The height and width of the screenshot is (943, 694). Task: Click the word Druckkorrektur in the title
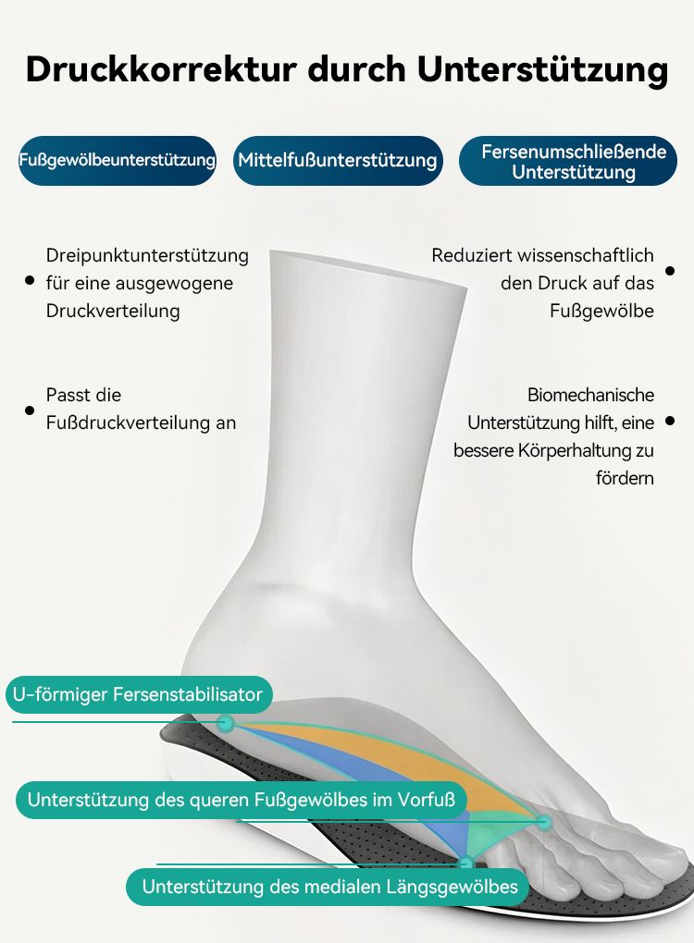(x=162, y=69)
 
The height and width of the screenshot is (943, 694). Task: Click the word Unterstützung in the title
(x=542, y=70)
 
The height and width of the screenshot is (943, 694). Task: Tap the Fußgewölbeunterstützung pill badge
(x=118, y=161)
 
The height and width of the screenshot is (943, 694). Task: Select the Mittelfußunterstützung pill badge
(x=338, y=161)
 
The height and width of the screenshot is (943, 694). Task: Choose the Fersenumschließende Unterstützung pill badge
(x=567, y=161)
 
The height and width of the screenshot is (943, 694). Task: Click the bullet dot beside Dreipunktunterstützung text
(x=30, y=280)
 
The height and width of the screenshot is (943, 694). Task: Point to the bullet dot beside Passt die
(x=30, y=410)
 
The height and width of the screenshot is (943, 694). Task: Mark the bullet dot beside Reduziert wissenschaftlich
(x=670, y=271)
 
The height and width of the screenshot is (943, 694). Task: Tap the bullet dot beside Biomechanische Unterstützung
(x=670, y=421)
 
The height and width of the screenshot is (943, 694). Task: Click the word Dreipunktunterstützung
(x=147, y=255)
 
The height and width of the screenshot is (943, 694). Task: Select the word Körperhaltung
(x=576, y=450)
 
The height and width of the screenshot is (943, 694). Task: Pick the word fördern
(x=625, y=478)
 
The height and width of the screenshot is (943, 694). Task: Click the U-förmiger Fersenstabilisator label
(x=139, y=694)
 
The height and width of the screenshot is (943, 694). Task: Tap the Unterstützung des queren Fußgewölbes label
(x=242, y=800)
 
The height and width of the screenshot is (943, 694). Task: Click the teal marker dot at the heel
(x=226, y=722)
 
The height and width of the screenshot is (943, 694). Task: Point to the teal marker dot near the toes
(x=543, y=822)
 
